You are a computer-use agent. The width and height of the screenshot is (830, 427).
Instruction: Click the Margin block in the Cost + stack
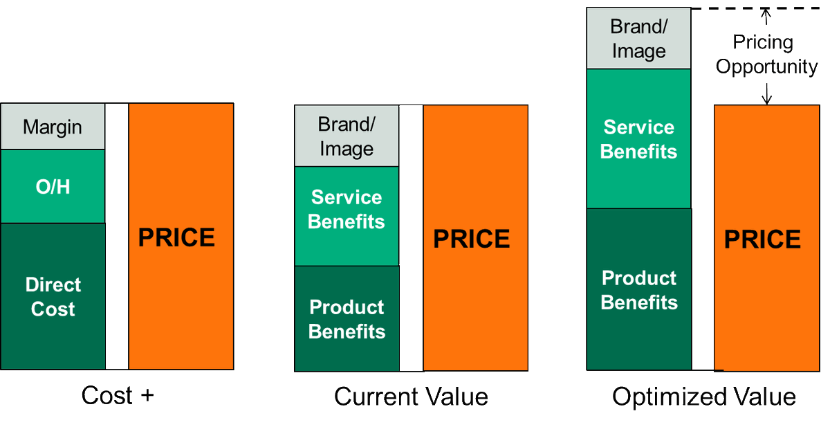pos(53,127)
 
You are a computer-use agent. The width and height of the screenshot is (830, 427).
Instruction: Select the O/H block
pos(53,186)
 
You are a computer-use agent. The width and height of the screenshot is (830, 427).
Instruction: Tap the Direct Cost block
pos(53,296)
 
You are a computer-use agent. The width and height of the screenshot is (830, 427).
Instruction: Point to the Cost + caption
pos(118,396)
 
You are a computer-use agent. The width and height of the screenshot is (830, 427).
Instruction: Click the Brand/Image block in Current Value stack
pos(347,136)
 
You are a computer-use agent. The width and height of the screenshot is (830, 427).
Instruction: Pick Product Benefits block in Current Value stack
pos(347,318)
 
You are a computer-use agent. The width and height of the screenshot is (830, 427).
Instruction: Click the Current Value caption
pos(411,397)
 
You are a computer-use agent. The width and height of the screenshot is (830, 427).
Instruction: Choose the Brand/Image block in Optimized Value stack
pos(638,39)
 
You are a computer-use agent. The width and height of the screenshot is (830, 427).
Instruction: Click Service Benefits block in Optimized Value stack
pos(638,138)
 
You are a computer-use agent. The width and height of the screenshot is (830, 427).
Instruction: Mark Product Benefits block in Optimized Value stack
pos(638,289)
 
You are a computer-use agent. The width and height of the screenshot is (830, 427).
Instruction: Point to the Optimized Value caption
pos(704,397)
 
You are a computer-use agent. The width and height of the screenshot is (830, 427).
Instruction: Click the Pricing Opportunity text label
pos(766,55)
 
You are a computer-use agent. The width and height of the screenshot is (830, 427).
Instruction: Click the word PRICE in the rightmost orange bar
pos(762,239)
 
